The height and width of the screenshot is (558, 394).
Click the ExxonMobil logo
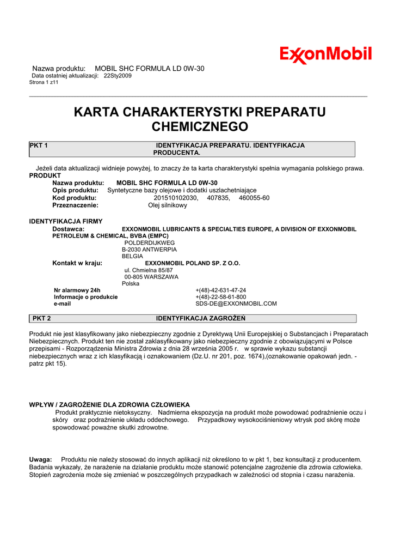point(325,54)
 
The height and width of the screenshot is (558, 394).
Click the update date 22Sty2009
point(118,76)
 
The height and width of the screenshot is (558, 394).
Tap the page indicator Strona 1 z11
point(44,82)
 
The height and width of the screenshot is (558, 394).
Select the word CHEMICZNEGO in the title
point(199,127)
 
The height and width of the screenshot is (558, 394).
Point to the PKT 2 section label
point(42,318)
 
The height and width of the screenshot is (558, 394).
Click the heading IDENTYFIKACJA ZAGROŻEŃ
point(201,318)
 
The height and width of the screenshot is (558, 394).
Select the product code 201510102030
point(176,198)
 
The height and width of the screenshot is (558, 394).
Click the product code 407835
point(219,198)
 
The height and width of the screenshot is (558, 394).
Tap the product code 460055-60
point(254,198)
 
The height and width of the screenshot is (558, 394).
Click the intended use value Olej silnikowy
point(168,205)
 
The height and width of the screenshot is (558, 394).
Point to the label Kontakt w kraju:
point(77,263)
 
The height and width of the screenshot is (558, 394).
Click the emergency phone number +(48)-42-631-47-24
point(220,290)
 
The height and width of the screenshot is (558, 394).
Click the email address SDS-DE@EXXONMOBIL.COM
point(236,304)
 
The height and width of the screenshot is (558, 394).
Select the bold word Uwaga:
point(40,460)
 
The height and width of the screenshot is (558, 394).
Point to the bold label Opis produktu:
point(76,190)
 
